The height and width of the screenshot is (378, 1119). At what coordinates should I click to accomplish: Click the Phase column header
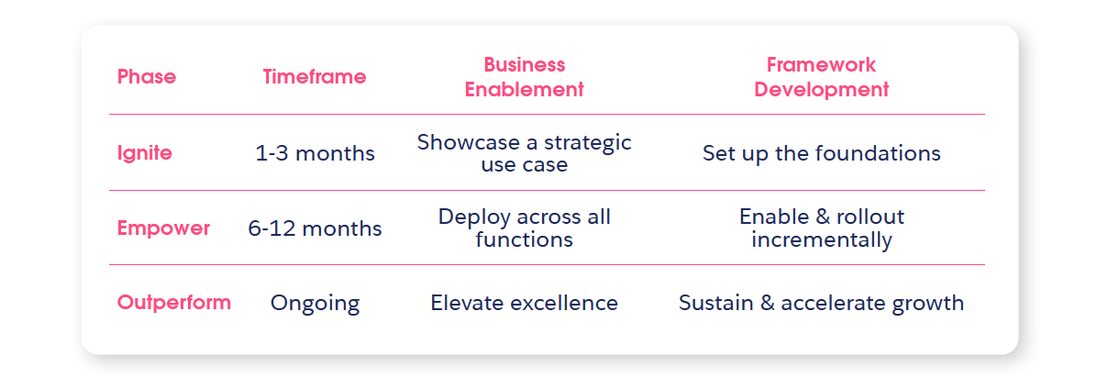click(147, 76)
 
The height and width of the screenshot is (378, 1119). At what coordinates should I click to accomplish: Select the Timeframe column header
click(315, 76)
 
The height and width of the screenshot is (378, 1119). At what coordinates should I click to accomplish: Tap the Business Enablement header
click(524, 77)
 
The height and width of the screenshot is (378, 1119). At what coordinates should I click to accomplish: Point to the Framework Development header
click(821, 77)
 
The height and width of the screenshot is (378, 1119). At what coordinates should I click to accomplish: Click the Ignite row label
click(144, 153)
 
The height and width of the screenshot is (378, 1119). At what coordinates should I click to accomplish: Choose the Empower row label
click(163, 228)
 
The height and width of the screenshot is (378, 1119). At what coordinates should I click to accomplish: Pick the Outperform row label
click(174, 303)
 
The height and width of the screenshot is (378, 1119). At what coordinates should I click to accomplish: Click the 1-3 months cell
click(315, 153)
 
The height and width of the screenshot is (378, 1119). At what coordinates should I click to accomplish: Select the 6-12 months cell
click(315, 228)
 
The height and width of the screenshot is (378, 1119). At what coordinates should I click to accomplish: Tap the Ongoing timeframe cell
click(315, 304)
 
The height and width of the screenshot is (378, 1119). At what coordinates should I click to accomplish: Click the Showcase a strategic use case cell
click(524, 153)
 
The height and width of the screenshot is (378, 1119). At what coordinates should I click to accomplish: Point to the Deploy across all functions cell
click(524, 228)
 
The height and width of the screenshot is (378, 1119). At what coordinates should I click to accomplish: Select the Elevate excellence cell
click(524, 303)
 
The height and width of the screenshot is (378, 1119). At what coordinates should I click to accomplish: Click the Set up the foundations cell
click(821, 153)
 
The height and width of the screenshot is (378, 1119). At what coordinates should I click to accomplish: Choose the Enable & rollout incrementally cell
click(821, 228)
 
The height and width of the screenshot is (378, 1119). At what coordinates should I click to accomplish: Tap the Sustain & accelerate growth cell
click(821, 304)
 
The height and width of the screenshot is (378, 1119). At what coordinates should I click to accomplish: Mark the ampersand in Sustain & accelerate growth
click(768, 303)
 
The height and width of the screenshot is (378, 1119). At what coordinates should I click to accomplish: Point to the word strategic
click(587, 143)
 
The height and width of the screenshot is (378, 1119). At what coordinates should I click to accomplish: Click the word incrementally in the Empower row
click(821, 240)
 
